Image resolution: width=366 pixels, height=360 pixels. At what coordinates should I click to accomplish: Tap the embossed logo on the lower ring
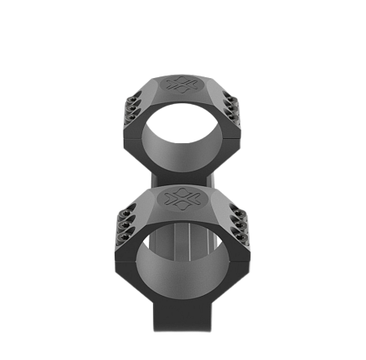tap(182, 198)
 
